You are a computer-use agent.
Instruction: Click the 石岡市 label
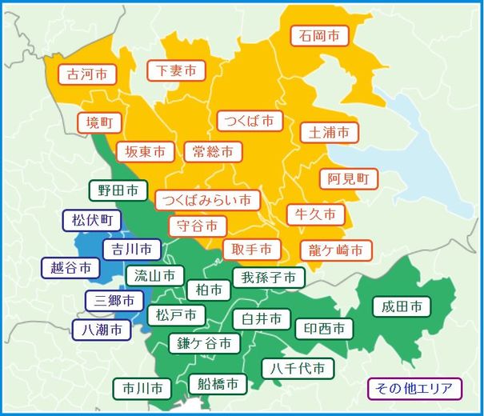(x=320, y=36)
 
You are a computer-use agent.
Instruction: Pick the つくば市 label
(x=250, y=121)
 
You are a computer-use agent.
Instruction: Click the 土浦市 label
(x=330, y=131)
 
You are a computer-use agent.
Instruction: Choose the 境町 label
(x=100, y=122)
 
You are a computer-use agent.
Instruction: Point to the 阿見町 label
(x=348, y=178)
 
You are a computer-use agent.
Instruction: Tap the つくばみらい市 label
(x=207, y=199)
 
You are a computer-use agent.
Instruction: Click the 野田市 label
(x=118, y=190)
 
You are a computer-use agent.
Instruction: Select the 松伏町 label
(x=93, y=219)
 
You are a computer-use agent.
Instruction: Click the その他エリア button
(x=414, y=390)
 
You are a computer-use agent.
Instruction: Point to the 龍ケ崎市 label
(x=336, y=250)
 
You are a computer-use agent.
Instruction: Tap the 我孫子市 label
(x=269, y=278)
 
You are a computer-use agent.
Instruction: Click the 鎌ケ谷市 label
(x=205, y=343)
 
